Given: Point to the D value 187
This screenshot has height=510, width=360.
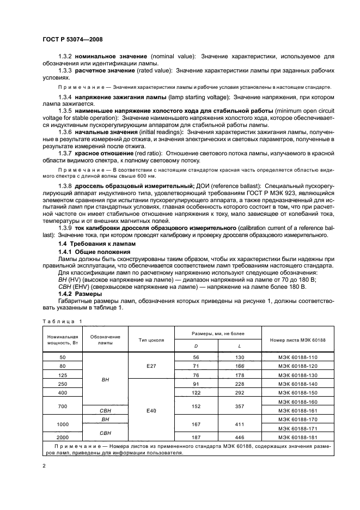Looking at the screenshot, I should tap(196, 437).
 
